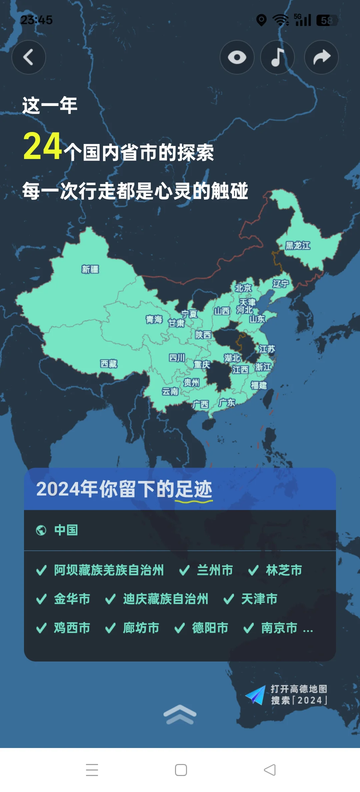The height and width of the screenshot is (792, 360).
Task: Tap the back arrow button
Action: point(29,57)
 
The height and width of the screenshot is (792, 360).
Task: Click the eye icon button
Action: point(237,57)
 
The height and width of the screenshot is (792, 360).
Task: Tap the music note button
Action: point(278,57)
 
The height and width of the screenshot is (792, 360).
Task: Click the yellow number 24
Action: point(43,146)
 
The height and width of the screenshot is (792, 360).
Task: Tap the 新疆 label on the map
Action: point(90,269)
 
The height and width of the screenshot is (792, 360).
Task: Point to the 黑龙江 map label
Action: point(298,246)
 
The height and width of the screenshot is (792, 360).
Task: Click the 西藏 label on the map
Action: point(109,364)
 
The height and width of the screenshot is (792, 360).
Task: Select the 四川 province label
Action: point(177,358)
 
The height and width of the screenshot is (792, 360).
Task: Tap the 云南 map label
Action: point(170,391)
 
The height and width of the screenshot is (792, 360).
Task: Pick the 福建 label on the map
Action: point(259,386)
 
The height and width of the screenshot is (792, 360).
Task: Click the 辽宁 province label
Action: point(280,284)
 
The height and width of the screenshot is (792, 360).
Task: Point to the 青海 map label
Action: point(154,320)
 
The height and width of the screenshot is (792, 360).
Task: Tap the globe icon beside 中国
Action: point(41,530)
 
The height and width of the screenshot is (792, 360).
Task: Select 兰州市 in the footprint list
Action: point(215,570)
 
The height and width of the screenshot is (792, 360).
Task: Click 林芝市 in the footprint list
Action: point(284,570)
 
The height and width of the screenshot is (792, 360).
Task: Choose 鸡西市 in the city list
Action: point(72,628)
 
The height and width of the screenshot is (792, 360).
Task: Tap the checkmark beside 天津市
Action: point(229,599)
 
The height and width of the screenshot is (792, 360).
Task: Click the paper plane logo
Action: point(256,695)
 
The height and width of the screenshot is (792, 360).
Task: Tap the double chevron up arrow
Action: point(180,714)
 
